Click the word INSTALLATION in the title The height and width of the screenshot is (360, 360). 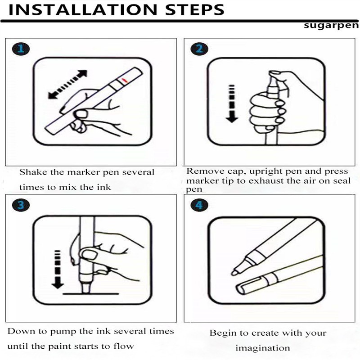pos(82,9)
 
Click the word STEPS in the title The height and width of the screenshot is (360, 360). pos(195,9)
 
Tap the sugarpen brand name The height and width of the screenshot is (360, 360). pos(331,25)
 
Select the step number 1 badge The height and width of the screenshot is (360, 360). pos(21,49)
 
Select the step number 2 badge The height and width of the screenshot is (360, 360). pos(199,49)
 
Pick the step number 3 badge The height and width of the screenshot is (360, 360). pos(21,205)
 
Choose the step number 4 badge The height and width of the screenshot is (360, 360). pos(199,205)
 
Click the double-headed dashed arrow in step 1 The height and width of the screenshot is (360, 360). pos(68,84)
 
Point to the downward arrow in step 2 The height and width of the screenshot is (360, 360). pos(232,104)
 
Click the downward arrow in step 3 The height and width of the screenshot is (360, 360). pos(58,270)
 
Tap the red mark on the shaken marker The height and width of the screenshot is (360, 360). pos(124,80)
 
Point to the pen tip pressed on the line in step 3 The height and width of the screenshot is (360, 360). pos(85,288)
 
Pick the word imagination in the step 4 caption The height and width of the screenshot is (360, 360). pos(263,348)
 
